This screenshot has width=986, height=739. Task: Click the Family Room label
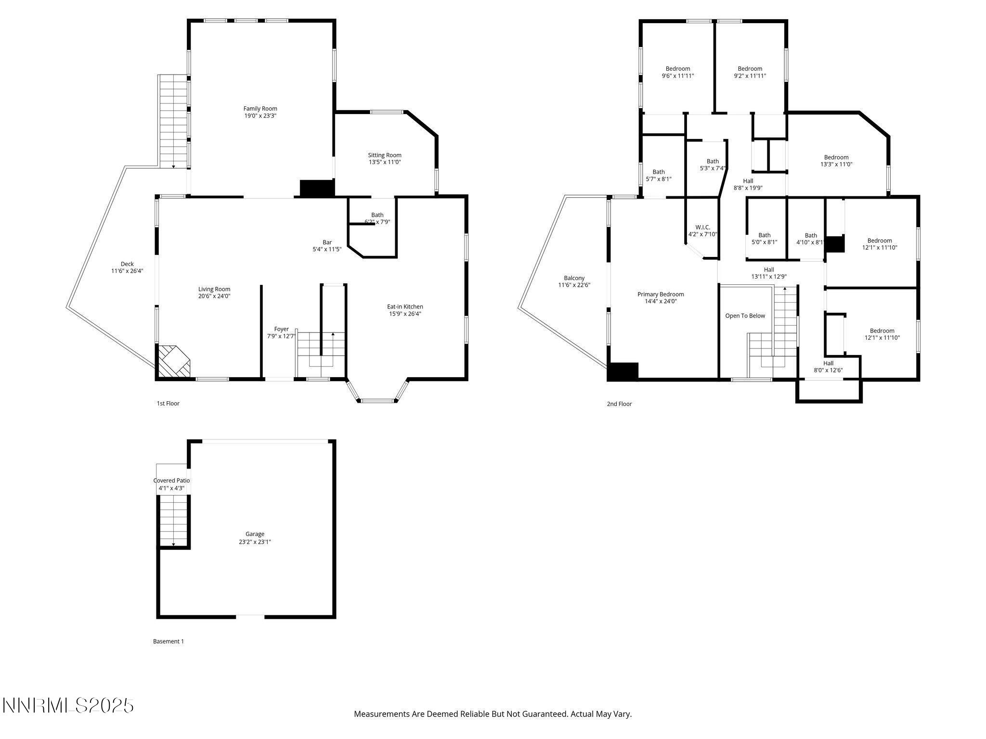[260, 109]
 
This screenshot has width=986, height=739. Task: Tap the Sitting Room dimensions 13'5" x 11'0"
[385, 163]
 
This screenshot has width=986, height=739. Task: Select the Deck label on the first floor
[127, 264]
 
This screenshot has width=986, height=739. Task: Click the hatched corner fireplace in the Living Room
[174, 361]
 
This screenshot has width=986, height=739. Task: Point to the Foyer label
[281, 329]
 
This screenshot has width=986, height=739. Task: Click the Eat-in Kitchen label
[405, 306]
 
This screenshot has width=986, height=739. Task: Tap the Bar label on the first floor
[327, 242]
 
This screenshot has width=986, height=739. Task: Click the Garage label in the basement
[255, 534]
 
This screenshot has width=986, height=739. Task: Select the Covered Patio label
[171, 481]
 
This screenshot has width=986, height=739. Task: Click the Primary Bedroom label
[661, 294]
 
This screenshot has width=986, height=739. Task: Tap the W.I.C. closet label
[702, 227]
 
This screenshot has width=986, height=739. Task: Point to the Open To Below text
[745, 316]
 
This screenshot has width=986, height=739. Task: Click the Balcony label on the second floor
[574, 278]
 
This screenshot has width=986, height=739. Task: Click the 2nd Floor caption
[619, 404]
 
